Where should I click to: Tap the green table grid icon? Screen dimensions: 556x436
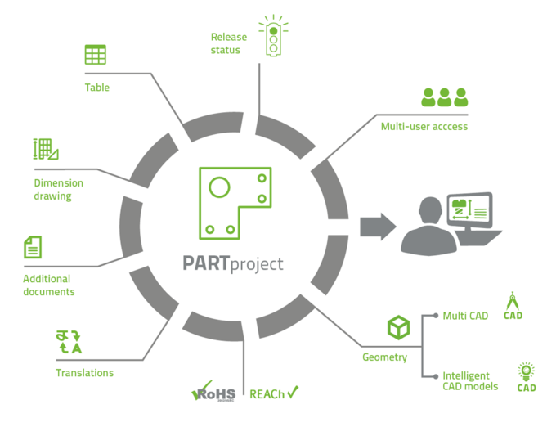point(96,55)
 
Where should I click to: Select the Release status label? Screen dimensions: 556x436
point(229,43)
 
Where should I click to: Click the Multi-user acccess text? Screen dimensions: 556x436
point(424,126)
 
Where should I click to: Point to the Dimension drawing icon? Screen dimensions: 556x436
point(46,149)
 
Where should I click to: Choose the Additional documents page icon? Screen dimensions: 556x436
point(33,247)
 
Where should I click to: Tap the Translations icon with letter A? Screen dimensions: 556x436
point(69,342)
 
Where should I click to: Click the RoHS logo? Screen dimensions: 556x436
point(213,391)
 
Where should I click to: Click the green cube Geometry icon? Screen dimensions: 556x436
point(398,327)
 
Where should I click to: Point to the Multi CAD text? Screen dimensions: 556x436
point(465,316)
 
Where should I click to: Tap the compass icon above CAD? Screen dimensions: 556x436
point(513,301)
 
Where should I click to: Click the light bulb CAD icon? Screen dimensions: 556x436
point(527,377)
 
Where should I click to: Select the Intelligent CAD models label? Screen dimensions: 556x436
point(470,381)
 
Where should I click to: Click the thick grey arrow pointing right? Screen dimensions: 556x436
point(378,227)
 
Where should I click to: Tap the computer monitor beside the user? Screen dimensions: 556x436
point(469,211)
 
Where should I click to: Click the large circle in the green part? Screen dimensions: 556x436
point(219,187)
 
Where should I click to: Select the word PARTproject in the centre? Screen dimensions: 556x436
point(233,264)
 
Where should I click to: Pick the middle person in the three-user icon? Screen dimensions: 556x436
point(444,97)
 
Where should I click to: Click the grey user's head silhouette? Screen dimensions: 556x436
point(430,211)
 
